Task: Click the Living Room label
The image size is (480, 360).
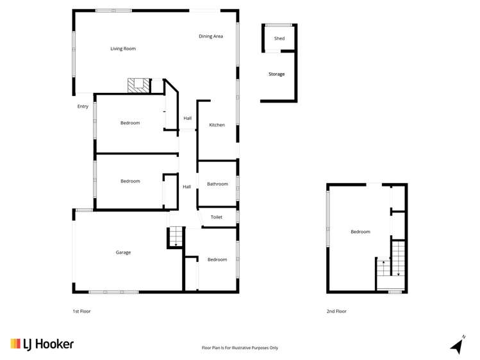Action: coord(123,49)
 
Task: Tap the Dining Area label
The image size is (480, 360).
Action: coord(211,36)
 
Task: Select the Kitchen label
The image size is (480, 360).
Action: coord(217,125)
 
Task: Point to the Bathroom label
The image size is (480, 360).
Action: coord(218,184)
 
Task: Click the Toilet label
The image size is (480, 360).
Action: coord(217,217)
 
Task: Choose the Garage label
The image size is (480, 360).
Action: coord(124,252)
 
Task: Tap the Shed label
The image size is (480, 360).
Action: coord(279,38)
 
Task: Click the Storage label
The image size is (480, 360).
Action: coord(276,74)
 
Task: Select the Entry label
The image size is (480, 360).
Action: coord(83,106)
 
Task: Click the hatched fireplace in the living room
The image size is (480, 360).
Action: coord(138,85)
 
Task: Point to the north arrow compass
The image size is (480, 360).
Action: coord(458,345)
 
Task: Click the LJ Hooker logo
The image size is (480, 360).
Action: coord(42,344)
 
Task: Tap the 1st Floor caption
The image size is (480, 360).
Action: coord(82,311)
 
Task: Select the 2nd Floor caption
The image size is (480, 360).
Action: coord(336,311)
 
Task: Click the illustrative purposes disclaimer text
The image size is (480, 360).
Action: coord(240,347)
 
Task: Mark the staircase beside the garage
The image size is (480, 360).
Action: coord(176,237)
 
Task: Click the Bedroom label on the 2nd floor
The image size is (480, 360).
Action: coord(360,231)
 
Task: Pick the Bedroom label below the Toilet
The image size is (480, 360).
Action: coord(217,259)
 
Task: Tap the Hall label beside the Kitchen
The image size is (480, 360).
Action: coord(188,118)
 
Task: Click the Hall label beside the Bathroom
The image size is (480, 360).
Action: coord(186,186)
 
